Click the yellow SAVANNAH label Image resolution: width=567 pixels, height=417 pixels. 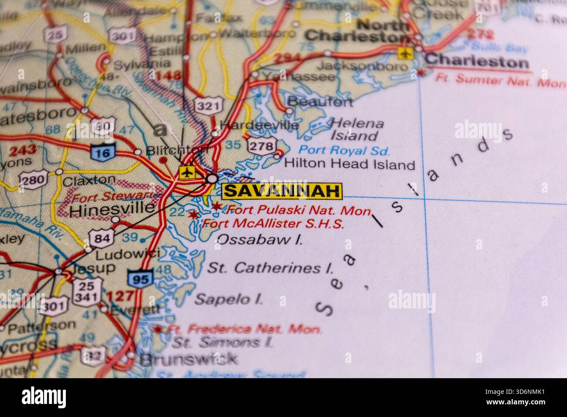point(282,191)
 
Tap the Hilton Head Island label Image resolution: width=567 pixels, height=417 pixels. point(349,164)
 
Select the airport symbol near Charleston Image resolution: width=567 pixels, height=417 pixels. point(405,53)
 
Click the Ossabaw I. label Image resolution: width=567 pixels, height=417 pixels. point(260,239)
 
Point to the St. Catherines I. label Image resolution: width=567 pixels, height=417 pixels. point(270,268)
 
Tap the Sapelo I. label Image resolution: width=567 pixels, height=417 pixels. point(229,299)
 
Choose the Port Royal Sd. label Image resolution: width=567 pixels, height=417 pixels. point(344,151)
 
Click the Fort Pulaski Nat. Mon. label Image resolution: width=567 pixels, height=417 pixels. point(299,210)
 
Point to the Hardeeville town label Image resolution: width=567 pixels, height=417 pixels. point(259,125)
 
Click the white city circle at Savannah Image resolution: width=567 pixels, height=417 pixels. point(212,178)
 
